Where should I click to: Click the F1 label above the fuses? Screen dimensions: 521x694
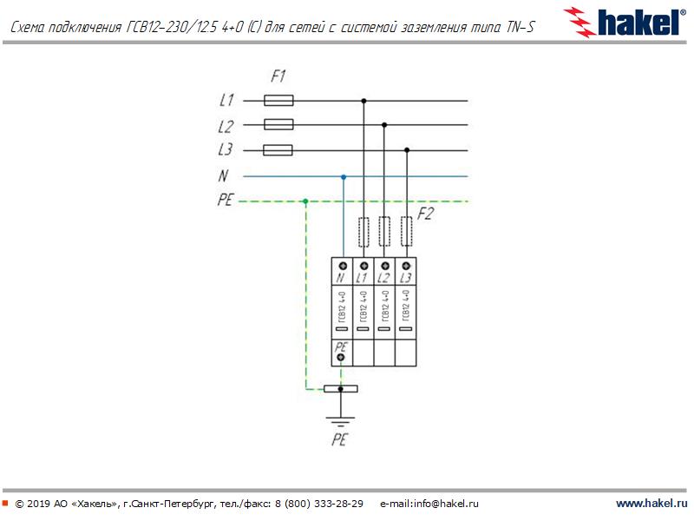[278, 76]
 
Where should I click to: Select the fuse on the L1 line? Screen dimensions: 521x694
[278, 101]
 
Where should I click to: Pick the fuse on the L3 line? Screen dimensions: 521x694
[278, 149]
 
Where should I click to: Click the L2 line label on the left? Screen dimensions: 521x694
[226, 125]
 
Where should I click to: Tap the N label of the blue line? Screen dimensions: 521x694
[224, 176]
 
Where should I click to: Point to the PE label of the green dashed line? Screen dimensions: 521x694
[226, 201]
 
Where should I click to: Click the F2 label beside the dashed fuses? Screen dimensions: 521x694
[425, 215]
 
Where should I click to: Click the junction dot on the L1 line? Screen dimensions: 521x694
[363, 101]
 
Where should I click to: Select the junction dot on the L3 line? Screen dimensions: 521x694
[406, 149]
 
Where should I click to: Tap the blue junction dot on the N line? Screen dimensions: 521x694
[344, 176]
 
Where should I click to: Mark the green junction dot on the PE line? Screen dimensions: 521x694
[305, 201]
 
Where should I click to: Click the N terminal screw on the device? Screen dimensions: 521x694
[342, 266]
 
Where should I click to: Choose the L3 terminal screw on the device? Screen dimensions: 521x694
[405, 266]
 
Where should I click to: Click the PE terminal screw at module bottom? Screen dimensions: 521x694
[342, 357]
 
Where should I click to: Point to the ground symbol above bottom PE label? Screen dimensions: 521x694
[340, 422]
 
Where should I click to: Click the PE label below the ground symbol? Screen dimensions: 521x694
[339, 440]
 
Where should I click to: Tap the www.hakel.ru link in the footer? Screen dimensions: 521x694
[651, 504]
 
